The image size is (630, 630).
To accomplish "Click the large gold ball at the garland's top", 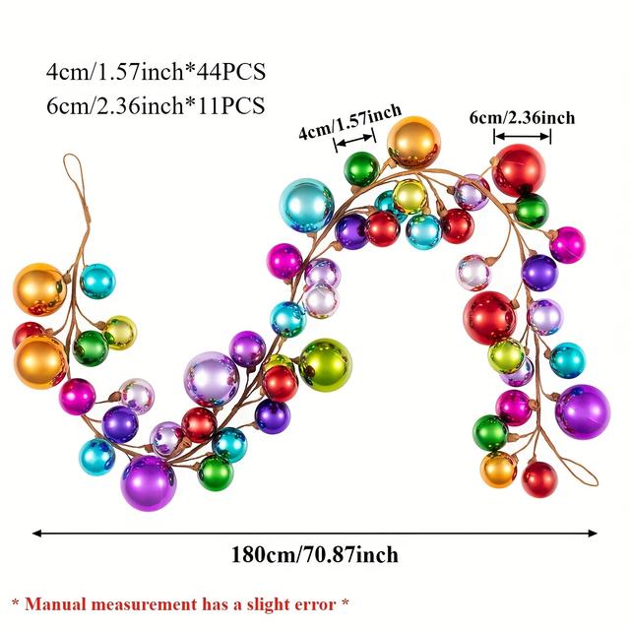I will (x=413, y=142).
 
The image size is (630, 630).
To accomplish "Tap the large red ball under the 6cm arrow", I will (x=519, y=169).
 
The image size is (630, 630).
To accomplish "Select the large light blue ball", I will (x=308, y=205).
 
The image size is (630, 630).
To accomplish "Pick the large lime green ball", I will (x=325, y=363).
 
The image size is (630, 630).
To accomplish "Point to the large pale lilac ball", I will (x=211, y=378).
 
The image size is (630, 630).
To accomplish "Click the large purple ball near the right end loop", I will (x=582, y=410).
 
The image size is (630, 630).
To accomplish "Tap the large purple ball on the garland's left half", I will (x=149, y=482).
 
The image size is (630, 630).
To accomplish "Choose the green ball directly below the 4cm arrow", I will (x=361, y=168).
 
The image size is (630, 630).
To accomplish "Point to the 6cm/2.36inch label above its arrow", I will (x=522, y=118).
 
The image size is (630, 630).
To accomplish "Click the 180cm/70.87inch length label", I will (x=315, y=555).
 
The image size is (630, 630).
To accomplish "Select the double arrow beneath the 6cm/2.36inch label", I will (x=522, y=137).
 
